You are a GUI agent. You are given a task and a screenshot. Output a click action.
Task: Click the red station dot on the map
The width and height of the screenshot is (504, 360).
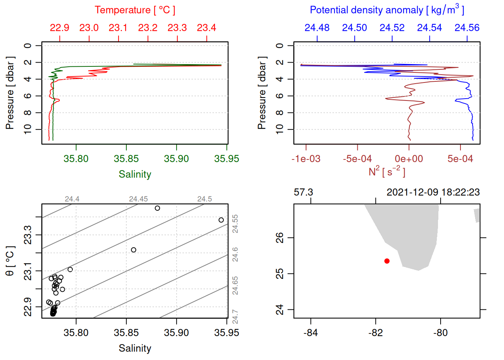click(387, 261)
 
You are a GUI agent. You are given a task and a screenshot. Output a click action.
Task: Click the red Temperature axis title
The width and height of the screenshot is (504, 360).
click(135, 10)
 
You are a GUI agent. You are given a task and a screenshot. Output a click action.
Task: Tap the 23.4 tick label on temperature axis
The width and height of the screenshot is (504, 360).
click(207, 28)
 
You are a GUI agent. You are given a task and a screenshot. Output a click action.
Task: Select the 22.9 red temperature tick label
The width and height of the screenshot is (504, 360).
click(60, 28)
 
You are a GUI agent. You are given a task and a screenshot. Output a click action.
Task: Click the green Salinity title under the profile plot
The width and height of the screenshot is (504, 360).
click(135, 174)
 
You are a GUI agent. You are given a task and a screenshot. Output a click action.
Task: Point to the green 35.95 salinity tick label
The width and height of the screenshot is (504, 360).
click(226, 159)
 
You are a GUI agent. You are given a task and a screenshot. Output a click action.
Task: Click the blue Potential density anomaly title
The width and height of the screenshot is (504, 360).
click(387, 10)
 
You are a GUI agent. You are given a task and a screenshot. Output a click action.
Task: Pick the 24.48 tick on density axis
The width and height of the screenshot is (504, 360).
click(317, 28)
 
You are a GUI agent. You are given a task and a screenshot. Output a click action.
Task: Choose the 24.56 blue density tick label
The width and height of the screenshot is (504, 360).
click(467, 28)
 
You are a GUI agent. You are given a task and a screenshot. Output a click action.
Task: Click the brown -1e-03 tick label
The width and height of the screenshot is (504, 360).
click(306, 159)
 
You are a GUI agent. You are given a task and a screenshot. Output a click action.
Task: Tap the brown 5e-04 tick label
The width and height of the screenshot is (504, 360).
click(460, 159)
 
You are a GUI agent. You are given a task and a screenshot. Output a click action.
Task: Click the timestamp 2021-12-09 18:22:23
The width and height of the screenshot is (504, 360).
click(433, 192)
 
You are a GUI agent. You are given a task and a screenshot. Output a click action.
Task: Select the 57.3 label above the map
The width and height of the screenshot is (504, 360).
click(303, 192)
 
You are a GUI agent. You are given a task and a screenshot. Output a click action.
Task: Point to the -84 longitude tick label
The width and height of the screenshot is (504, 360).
click(311, 333)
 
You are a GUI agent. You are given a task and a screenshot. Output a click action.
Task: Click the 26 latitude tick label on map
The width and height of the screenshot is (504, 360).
click(280, 238)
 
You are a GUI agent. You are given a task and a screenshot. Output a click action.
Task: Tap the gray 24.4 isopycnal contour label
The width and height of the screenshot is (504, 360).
click(72, 199)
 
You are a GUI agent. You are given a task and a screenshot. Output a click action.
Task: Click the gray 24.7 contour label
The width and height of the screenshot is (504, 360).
click(235, 316)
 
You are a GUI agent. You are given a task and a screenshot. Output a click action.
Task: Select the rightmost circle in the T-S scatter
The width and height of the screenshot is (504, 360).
click(221, 220)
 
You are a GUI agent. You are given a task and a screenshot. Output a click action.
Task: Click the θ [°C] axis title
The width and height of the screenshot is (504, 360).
click(10, 261)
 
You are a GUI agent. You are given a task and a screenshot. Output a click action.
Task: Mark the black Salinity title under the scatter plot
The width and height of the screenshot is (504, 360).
click(135, 348)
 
